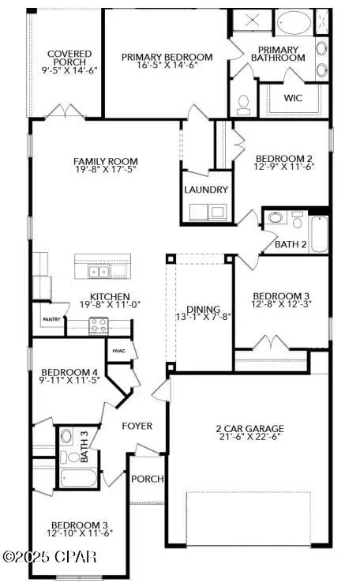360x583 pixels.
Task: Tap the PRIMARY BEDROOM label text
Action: (x=167, y=57)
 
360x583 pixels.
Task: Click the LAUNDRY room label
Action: (x=206, y=190)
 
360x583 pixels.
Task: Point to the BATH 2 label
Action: (x=290, y=244)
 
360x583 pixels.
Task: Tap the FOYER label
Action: (x=137, y=426)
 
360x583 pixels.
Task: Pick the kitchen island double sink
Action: (x=99, y=272)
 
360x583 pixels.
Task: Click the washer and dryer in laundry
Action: (x=206, y=212)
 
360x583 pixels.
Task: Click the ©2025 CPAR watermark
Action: (x=49, y=557)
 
